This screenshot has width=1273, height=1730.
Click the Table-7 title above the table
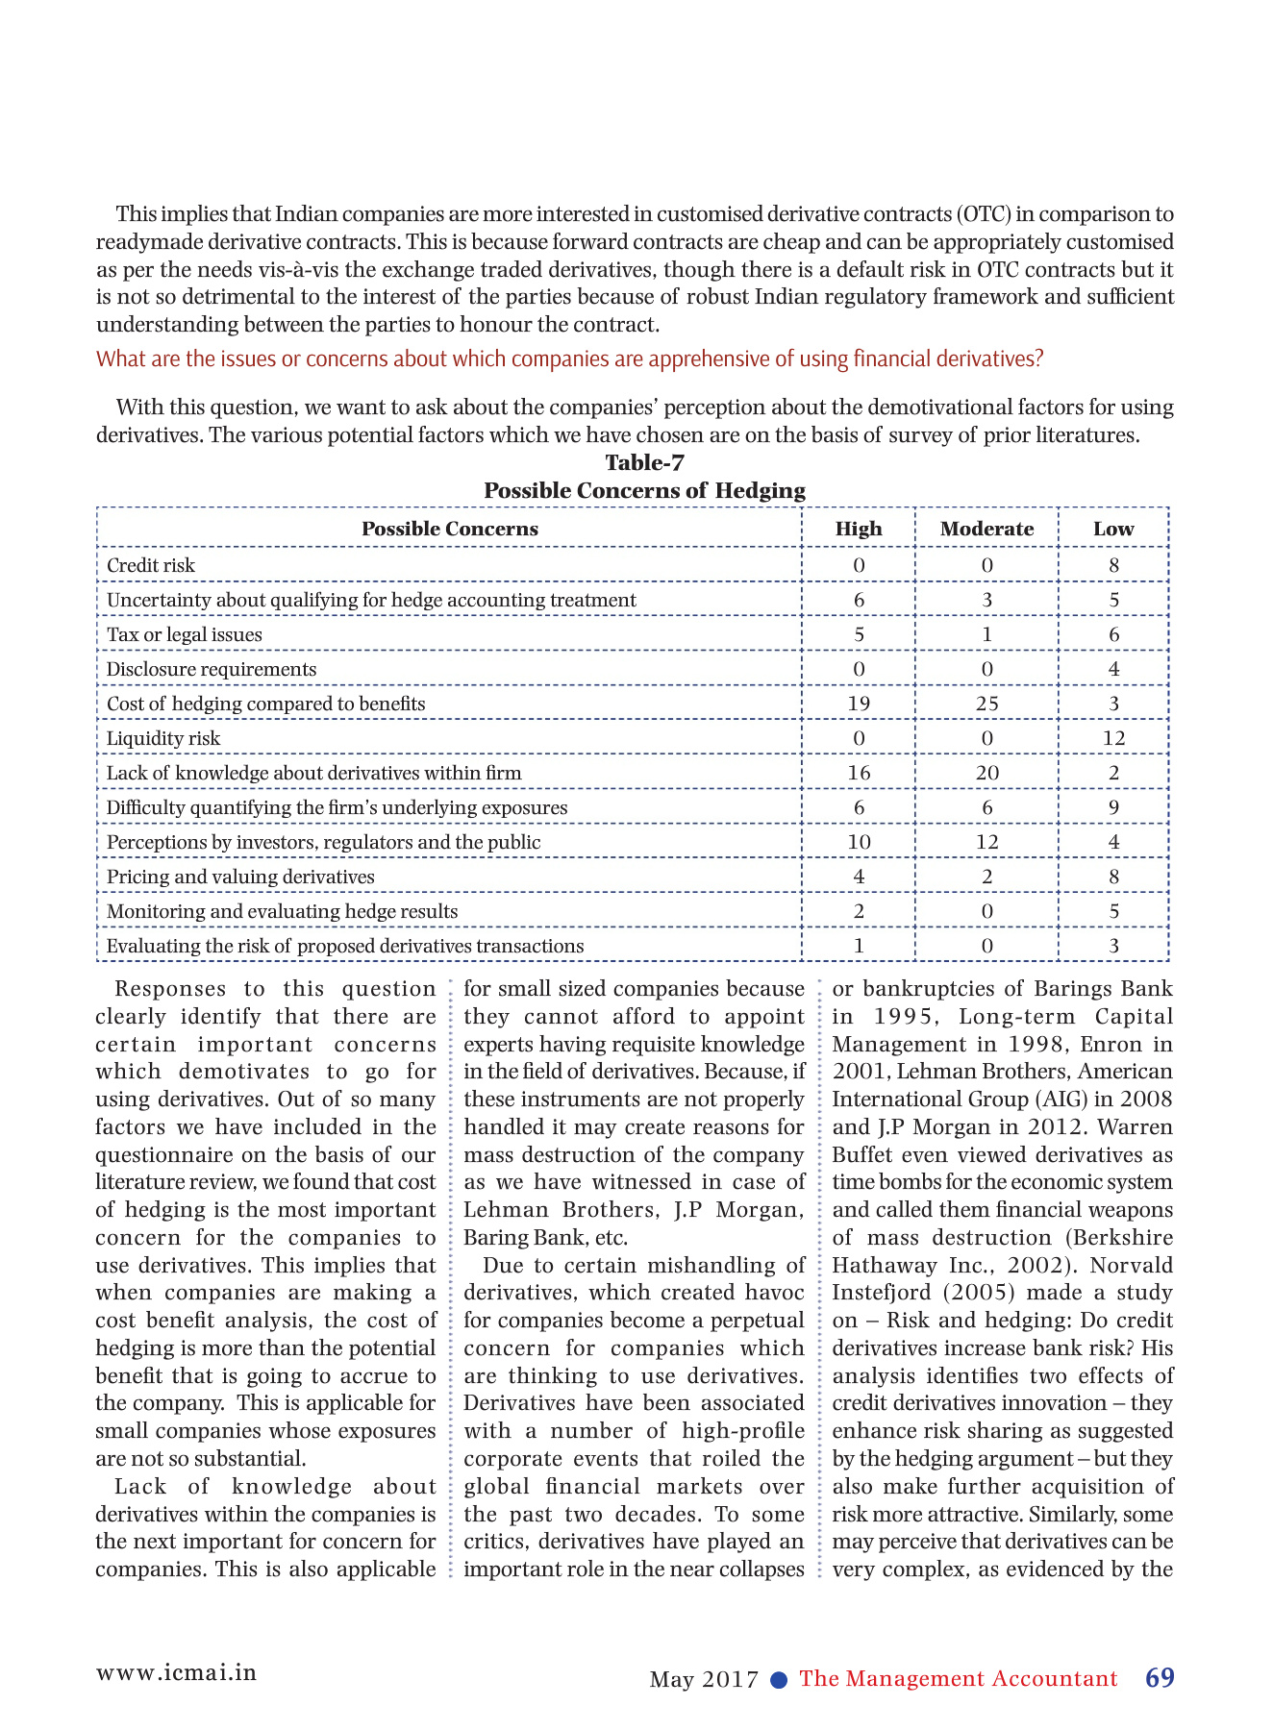click(x=644, y=463)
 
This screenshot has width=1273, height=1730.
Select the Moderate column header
click(x=986, y=529)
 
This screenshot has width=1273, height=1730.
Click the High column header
click(x=859, y=529)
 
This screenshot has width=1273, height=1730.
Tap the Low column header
click(x=1113, y=529)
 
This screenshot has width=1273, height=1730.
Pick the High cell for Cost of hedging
click(x=859, y=704)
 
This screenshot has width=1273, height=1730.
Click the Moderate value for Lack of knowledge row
click(x=986, y=773)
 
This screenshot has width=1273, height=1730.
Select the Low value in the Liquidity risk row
click(x=1113, y=738)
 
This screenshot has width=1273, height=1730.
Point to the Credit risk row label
click(x=151, y=565)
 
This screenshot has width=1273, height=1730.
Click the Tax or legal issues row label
click(x=184, y=634)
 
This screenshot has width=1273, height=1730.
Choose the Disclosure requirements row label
click(x=212, y=669)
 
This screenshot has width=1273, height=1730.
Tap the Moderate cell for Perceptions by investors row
click(x=986, y=842)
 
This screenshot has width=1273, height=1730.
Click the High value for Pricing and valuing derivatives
click(x=859, y=877)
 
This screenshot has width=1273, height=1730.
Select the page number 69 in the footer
click(x=1160, y=1678)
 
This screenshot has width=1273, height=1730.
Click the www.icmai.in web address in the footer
click(x=176, y=1672)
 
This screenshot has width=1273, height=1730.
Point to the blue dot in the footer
click(x=780, y=1680)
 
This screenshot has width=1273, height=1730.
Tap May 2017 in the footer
click(x=704, y=1680)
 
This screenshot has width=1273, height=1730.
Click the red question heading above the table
click(x=569, y=359)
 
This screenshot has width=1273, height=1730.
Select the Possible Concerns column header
click(x=449, y=529)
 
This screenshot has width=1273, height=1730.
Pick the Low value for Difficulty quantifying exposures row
click(x=1113, y=807)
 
